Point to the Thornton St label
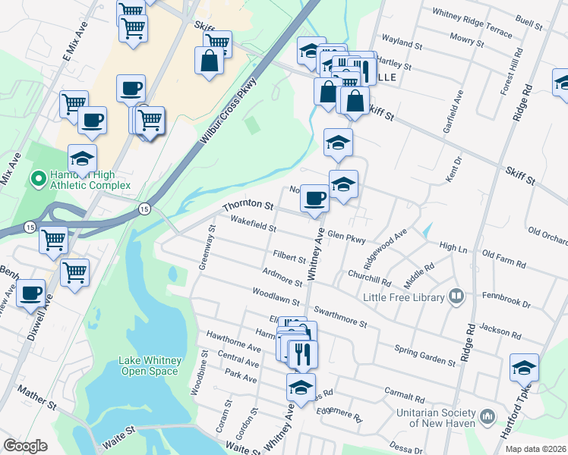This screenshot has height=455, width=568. pos(248,206)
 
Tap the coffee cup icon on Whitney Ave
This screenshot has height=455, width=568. pos(314,199)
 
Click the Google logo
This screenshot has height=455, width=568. pos(25,446)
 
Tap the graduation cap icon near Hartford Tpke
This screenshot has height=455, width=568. pos(524,367)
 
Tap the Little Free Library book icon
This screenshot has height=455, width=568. pos(456,296)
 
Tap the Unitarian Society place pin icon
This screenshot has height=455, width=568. pos(488,416)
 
